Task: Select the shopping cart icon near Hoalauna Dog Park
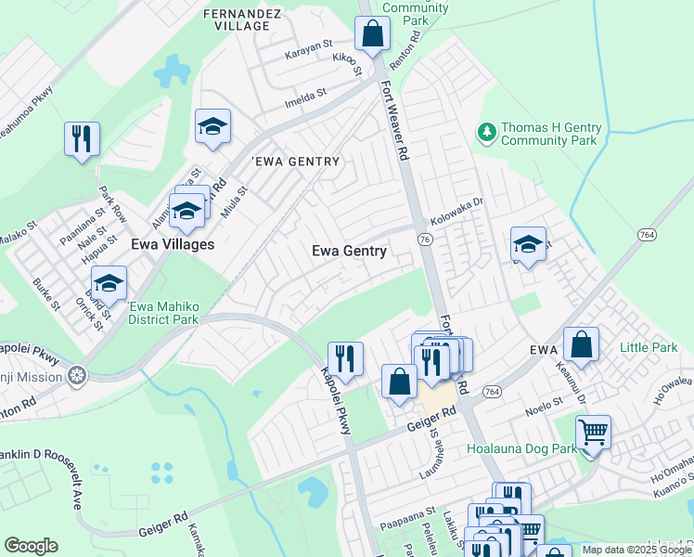(x=593, y=432)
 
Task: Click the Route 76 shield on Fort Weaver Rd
(x=424, y=240)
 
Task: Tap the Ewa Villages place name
(x=173, y=245)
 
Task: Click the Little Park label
(x=649, y=348)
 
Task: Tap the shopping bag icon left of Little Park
(x=581, y=343)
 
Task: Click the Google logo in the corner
(x=31, y=546)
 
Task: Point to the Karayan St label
(x=308, y=45)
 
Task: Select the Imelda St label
(x=309, y=94)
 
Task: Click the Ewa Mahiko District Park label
(x=163, y=314)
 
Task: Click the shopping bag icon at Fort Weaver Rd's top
(x=372, y=33)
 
